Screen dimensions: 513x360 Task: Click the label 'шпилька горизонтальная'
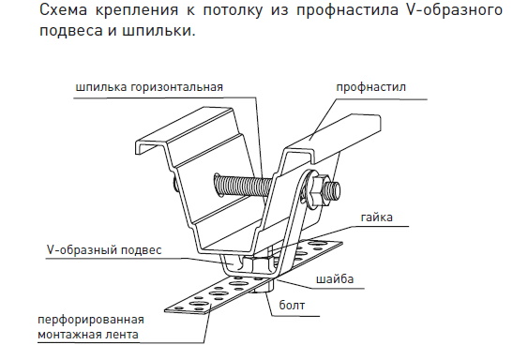tap(149, 87)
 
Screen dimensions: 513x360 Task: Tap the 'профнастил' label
tap(371, 87)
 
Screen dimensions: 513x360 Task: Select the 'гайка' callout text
tap(377, 217)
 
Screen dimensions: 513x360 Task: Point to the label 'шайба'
tap(335, 279)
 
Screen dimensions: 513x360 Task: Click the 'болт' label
tap(292, 305)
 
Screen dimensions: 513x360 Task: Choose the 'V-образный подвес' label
tap(104, 249)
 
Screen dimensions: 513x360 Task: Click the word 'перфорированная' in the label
tap(91, 320)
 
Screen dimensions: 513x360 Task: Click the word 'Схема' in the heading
tap(64, 9)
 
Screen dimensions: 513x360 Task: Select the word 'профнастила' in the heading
tap(347, 10)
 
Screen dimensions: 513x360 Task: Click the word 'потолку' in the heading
tap(233, 10)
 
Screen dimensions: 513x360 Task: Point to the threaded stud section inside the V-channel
tap(242, 185)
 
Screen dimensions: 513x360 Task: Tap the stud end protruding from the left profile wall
tap(174, 185)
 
